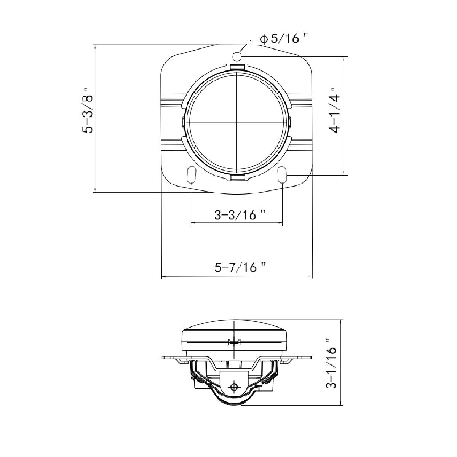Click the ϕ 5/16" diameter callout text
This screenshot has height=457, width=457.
click(x=284, y=38)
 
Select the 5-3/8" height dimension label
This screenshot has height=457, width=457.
click(x=88, y=110)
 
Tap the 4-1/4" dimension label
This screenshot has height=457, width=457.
click(x=334, y=110)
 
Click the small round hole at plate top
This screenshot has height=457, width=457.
click(x=236, y=56)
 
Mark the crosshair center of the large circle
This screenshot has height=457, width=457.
click(x=236, y=122)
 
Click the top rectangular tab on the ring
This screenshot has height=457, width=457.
click(x=236, y=67)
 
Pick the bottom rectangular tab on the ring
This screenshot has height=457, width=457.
click(x=236, y=178)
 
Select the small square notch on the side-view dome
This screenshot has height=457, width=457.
click(x=233, y=341)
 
